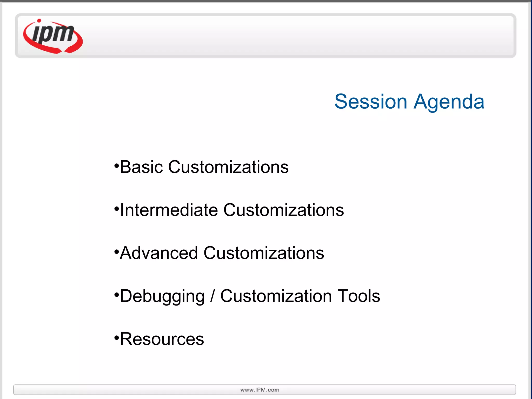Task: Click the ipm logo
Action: [53, 36]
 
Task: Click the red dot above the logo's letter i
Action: [39, 21]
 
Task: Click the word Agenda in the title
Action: [449, 102]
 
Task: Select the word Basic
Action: [142, 167]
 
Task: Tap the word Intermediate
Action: [169, 210]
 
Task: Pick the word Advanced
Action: [159, 253]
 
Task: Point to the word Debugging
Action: [162, 296]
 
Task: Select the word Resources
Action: [162, 339]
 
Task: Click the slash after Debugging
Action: [212, 296]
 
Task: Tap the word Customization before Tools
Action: [276, 296]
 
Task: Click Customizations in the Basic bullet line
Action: [228, 167]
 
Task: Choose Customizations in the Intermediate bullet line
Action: [283, 210]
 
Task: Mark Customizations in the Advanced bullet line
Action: [264, 253]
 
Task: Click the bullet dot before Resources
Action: [117, 338]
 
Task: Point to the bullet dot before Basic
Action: [117, 165]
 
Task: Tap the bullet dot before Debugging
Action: [117, 295]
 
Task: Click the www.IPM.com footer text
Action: [260, 390]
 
